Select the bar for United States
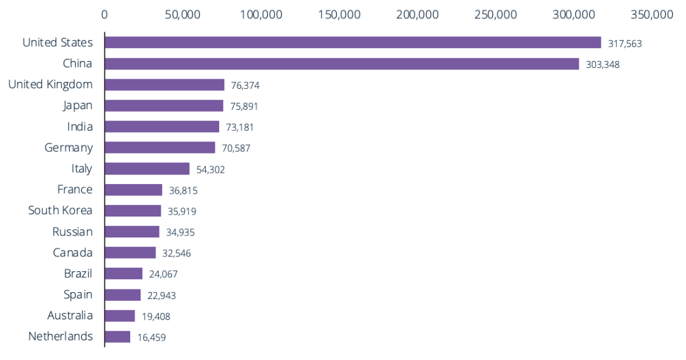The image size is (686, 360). (353, 43)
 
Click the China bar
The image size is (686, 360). (342, 63)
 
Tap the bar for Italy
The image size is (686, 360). (147, 168)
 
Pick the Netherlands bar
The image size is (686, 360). (118, 337)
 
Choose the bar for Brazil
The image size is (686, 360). (124, 274)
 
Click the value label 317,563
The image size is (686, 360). (625, 44)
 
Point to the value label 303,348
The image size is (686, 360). (603, 65)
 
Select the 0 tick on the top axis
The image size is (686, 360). (105, 14)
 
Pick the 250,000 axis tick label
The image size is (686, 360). (496, 14)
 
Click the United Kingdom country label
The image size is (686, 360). (50, 84)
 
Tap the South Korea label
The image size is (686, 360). (60, 210)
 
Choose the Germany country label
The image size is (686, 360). (69, 148)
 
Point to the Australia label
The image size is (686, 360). (70, 316)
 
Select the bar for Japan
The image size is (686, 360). (164, 105)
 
